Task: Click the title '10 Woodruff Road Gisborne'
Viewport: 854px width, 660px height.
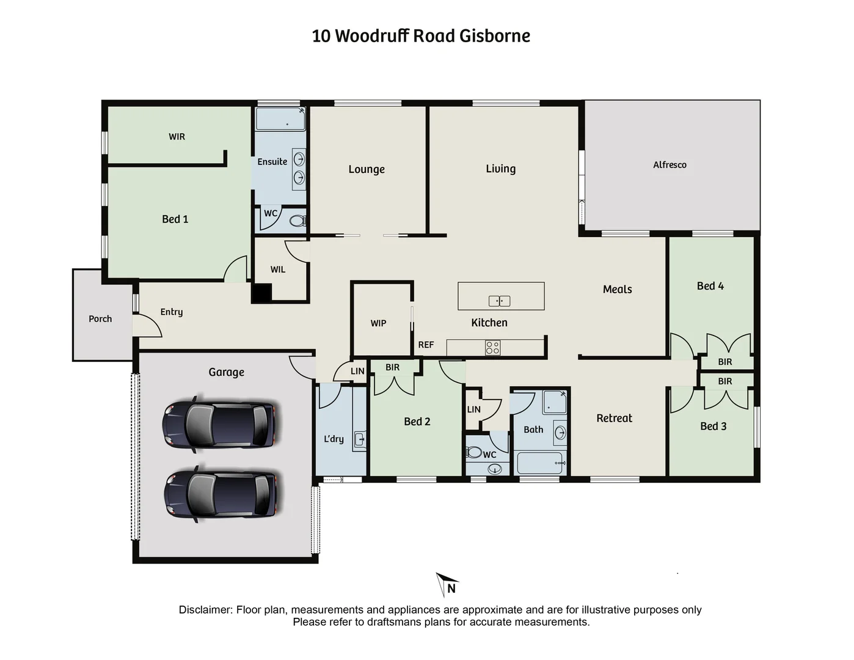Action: pos(421,36)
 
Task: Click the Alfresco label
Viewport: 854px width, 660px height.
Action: pos(670,165)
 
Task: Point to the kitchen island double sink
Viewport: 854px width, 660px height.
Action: pos(499,301)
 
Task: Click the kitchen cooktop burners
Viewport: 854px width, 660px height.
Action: pos(492,348)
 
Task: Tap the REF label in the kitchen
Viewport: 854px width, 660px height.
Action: pos(426,345)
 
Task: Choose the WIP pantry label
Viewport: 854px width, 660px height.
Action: pos(378,323)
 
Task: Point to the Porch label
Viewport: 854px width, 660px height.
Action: pos(100,319)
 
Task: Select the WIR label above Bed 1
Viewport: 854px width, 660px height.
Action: pos(177,137)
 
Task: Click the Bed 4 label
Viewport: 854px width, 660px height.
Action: pos(710,286)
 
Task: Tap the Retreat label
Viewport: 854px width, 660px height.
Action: pos(614,419)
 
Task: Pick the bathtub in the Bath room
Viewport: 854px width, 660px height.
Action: pos(541,463)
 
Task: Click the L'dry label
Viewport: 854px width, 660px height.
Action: pos(334,439)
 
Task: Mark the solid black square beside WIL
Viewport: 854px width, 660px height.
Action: pos(262,293)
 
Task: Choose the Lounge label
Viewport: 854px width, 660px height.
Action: pos(367,169)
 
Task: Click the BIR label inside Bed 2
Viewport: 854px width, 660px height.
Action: pos(392,368)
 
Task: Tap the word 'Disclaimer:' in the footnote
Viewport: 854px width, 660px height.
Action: pos(206,610)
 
